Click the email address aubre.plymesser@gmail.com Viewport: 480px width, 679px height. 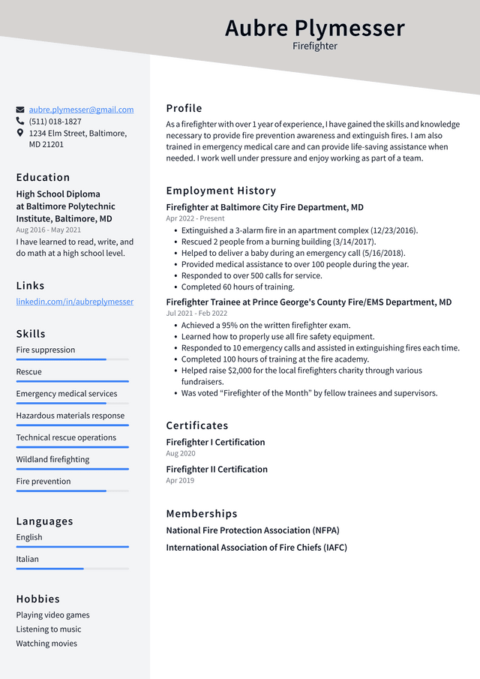[x=81, y=110]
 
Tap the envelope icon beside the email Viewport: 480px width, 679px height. [x=20, y=110]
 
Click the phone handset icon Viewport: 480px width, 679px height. [x=20, y=121]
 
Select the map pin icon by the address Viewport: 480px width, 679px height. [x=20, y=133]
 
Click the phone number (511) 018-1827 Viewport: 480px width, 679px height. [x=55, y=122]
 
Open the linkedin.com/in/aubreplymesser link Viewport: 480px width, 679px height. [x=75, y=302]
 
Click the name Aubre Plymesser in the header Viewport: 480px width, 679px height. [x=314, y=28]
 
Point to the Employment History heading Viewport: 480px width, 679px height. [x=221, y=191]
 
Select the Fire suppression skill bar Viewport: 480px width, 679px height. [x=73, y=359]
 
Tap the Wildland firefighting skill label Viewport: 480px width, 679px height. [x=52, y=459]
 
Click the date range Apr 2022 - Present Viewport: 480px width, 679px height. [x=195, y=218]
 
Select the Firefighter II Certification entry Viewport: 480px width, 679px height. [x=217, y=470]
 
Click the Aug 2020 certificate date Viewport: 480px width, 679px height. [x=181, y=454]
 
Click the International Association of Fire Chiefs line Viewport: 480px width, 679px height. [x=256, y=548]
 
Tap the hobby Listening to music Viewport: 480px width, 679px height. [x=49, y=629]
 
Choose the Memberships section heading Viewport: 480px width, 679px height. [x=202, y=514]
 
